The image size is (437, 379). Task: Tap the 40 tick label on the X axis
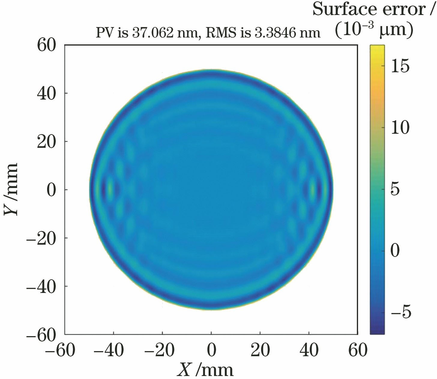(x=309, y=350)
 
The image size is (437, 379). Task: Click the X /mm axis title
(x=206, y=369)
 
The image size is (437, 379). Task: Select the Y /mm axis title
(x=11, y=189)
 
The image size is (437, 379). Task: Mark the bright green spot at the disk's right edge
(x=313, y=189)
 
